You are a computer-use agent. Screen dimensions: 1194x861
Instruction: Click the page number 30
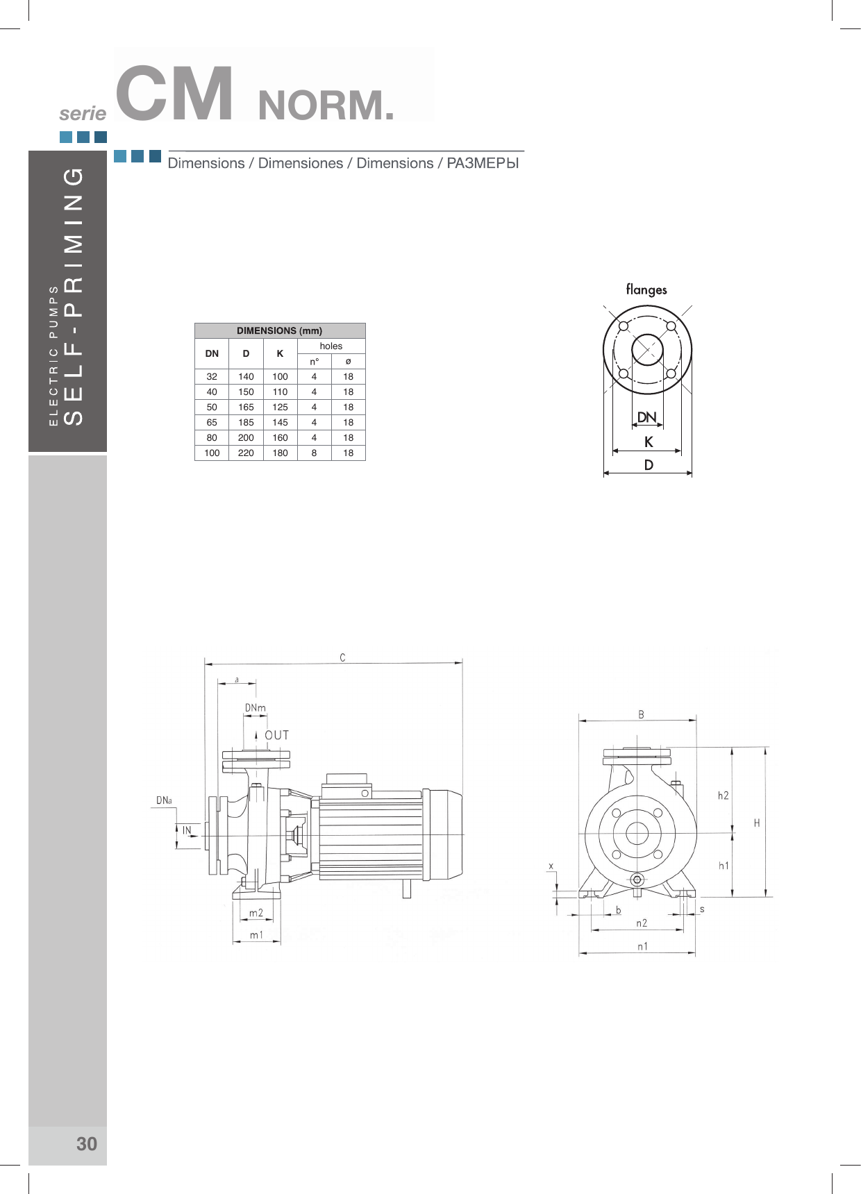click(87, 1143)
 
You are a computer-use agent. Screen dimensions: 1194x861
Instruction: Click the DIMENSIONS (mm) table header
click(280, 330)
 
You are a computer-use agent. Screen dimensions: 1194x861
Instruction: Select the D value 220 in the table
click(246, 453)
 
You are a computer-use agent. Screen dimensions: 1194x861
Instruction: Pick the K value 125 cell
click(280, 407)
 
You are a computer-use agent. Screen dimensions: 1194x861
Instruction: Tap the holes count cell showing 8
click(314, 453)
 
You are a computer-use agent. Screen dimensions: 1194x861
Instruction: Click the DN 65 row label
click(212, 422)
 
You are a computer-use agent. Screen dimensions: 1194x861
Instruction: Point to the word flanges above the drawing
click(646, 289)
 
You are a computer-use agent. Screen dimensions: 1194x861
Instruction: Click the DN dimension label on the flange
click(646, 417)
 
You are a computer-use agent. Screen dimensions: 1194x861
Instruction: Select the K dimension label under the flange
click(649, 442)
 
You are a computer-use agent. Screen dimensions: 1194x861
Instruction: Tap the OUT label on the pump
click(276, 735)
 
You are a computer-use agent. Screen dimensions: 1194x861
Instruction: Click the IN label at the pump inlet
click(187, 830)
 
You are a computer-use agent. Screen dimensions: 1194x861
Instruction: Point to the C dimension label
click(342, 657)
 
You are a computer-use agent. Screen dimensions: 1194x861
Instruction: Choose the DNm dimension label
click(255, 707)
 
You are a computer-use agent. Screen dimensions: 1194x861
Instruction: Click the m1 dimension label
click(257, 934)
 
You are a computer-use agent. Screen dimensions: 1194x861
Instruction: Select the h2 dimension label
click(724, 796)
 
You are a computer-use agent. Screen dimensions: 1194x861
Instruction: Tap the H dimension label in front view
click(757, 823)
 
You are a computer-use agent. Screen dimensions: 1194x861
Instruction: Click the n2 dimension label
click(642, 923)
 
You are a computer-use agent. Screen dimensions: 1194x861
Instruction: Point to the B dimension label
click(641, 714)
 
